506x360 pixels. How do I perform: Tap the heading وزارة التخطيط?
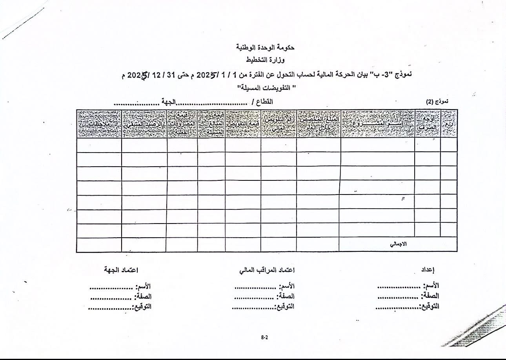tap(265, 60)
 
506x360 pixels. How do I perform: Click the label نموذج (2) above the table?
tap(437, 101)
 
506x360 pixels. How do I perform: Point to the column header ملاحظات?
tap(99, 124)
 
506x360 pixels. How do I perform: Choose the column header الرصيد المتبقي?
tap(144, 124)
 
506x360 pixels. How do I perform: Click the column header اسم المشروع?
tap(377, 124)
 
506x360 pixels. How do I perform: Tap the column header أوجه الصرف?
tap(428, 124)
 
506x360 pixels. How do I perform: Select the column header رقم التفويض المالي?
tap(278, 124)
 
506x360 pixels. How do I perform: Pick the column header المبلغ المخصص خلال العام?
tap(319, 124)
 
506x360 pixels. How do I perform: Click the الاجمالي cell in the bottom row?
tap(399, 244)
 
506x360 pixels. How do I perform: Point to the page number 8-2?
tap(264, 337)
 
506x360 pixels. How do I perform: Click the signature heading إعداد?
tap(428, 270)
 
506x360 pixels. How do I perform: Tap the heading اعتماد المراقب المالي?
tap(267, 270)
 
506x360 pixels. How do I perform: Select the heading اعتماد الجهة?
tap(121, 270)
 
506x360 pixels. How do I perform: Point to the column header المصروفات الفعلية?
tap(182, 124)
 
